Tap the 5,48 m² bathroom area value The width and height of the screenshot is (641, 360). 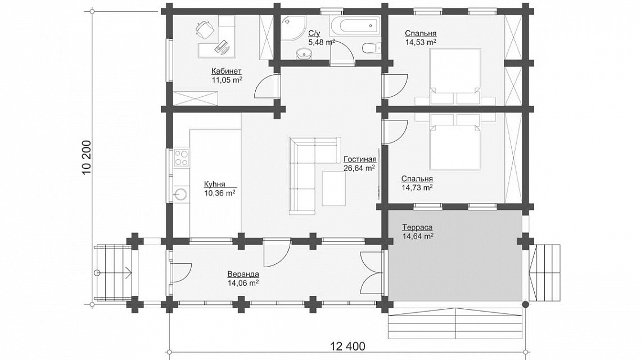tap(322, 42)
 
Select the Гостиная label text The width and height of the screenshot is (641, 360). tap(360, 159)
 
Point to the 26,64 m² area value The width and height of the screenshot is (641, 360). tap(360, 168)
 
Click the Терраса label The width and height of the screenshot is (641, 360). tap(417, 227)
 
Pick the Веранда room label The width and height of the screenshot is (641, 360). tap(243, 274)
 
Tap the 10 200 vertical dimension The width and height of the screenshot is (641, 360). tap(87, 158)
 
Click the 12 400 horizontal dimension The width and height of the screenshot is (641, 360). tap(348, 346)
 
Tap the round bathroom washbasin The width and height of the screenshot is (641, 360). tap(303, 53)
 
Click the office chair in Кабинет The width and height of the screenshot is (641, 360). tap(204, 28)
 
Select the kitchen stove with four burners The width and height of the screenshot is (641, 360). tap(182, 158)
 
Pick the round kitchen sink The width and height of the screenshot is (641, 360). tap(180, 194)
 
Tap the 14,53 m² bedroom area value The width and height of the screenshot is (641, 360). tap(421, 42)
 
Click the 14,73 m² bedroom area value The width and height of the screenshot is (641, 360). tap(417, 187)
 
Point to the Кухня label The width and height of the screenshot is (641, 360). tap(215, 184)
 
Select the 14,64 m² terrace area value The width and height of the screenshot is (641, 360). tap(418, 236)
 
